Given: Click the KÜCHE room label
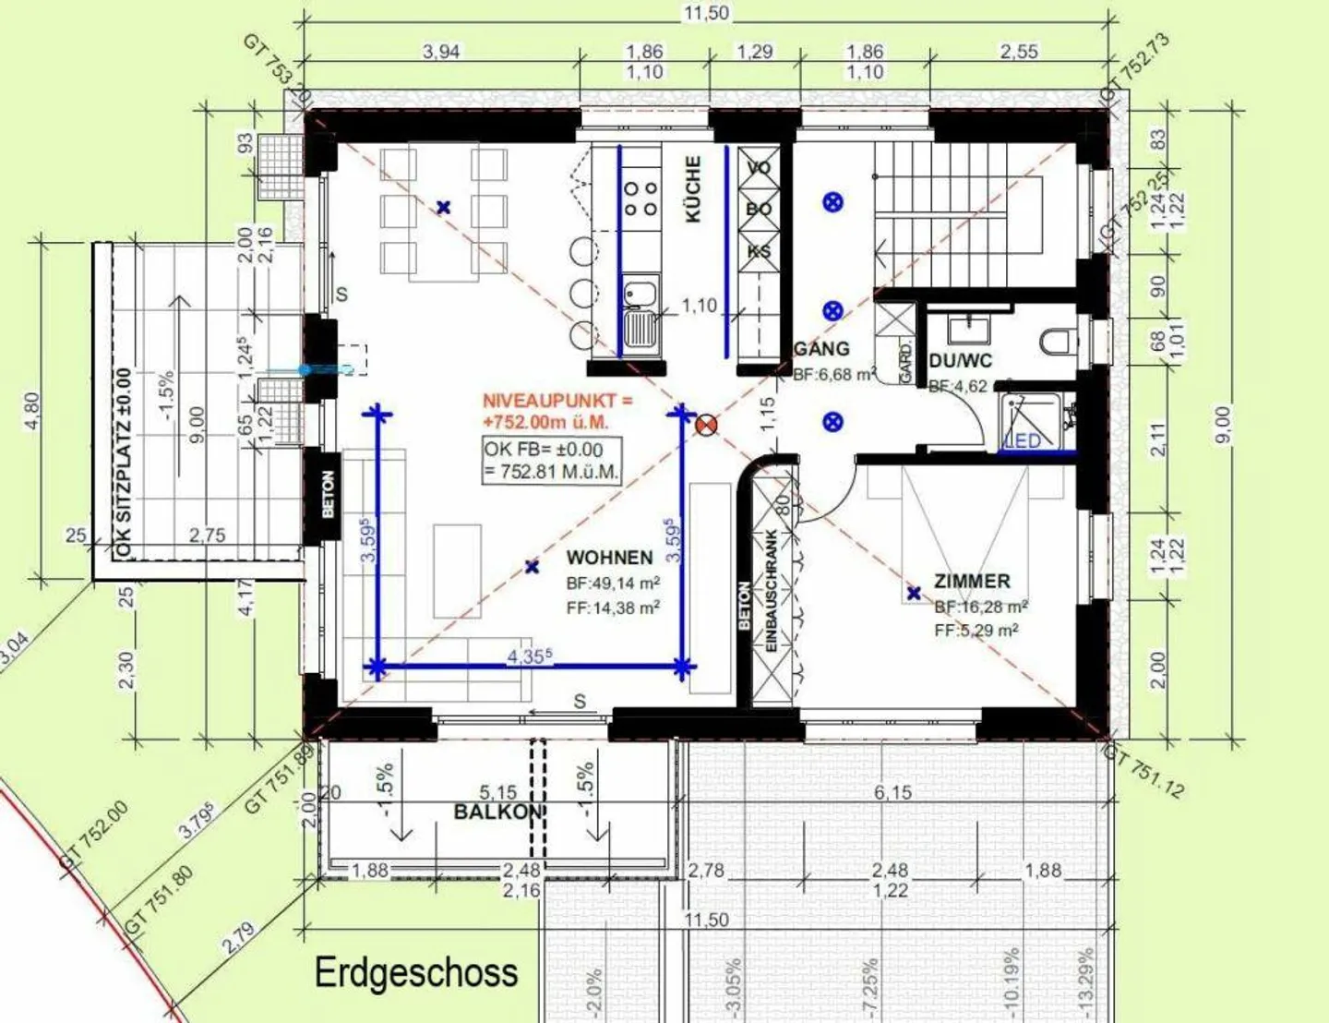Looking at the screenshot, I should pos(693,188).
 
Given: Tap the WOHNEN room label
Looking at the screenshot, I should pos(609,558).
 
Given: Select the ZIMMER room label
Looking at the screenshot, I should pos(972,582).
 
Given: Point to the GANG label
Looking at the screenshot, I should pos(821,349).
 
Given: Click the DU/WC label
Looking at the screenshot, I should pos(960,361).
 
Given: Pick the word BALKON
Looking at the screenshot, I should pos(497,812).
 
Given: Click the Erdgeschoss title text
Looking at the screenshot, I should pos(416,973).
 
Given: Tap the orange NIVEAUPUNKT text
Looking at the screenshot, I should pos(557,411).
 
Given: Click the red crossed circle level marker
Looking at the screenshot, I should pos(706,425).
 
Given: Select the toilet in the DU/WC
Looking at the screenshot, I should pos(1057,343).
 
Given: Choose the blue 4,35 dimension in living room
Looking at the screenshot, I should pos(529,656).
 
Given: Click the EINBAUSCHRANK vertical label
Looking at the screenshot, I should pos(772,591).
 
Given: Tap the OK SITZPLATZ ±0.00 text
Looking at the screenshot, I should pos(124,462).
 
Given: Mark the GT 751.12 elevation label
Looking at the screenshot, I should pos(1144,772).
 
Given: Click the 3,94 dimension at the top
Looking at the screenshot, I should pos(441,52).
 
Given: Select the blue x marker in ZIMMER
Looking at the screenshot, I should pos(914,594).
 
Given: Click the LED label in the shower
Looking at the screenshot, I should pos(1023,441).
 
